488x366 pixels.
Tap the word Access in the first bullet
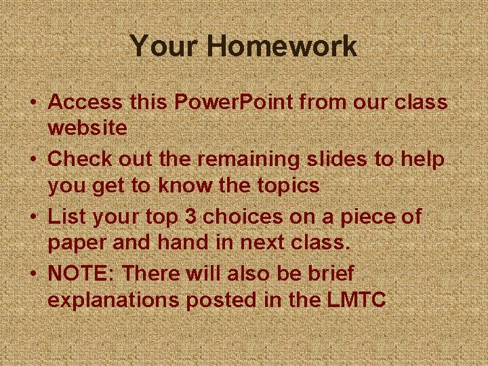tap(85, 102)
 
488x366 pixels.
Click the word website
tap(87, 128)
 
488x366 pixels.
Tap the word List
tap(64, 217)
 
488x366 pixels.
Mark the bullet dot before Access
tap(33, 103)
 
